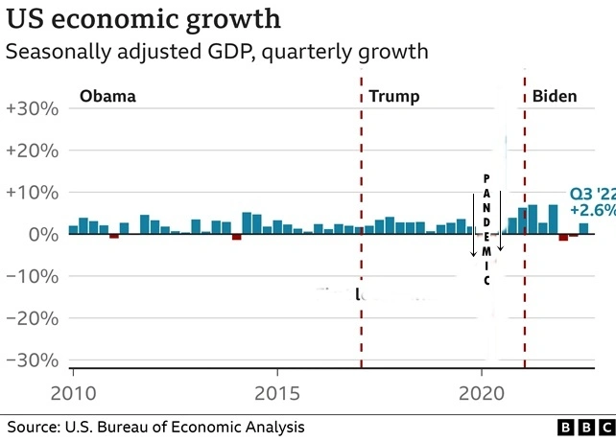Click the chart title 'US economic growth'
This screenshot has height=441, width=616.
tap(144, 18)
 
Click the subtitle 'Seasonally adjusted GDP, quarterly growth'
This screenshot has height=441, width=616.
tap(217, 52)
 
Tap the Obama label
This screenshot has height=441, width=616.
tap(107, 96)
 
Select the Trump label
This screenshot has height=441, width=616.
tap(394, 96)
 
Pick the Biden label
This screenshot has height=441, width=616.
tap(556, 96)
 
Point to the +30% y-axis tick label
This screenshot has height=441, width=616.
tap(33, 109)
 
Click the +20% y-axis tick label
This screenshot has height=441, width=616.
tap(33, 151)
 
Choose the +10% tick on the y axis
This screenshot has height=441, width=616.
tap(33, 193)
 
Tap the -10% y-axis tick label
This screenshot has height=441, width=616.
tap(33, 276)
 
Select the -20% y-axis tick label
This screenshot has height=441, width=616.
tap(33, 318)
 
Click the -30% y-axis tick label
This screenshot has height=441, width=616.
tap(33, 360)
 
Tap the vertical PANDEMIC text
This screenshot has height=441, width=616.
tap(486, 229)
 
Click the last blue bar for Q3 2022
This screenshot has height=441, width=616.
tap(583, 229)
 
